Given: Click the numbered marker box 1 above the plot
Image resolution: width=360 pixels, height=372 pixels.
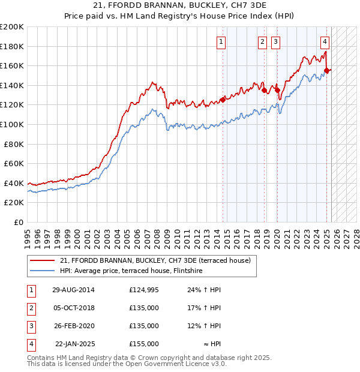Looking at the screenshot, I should tap(221, 42).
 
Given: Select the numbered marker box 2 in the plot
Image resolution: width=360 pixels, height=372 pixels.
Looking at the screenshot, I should tap(263, 42).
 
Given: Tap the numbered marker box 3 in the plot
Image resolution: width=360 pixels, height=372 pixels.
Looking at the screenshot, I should tap(275, 42).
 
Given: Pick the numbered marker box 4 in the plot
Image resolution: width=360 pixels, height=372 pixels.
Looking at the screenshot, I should tap(325, 42).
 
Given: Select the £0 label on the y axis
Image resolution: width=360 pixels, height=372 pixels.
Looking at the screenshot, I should tap(19, 222).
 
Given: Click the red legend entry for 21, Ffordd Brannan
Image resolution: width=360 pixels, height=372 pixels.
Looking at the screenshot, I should tap(159, 260).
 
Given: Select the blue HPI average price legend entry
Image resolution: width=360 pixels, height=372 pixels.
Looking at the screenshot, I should tap(131, 271).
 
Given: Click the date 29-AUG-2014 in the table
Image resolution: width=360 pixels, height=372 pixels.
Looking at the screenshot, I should tap(73, 290).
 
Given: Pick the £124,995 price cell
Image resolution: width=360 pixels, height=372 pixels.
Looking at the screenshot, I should tap(143, 290).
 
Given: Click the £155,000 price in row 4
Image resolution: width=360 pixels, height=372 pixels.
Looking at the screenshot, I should tap(143, 344).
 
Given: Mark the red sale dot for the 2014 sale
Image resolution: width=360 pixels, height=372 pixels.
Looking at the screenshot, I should tap(223, 100).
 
